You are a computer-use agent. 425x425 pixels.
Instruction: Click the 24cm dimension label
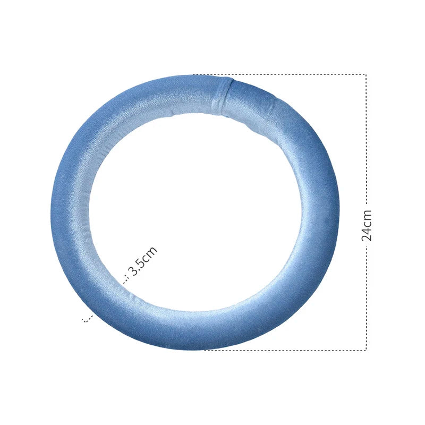pos(367,225)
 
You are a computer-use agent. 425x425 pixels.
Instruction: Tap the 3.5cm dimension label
pos(142,261)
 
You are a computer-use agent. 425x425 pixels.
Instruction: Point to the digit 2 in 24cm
pos(367,237)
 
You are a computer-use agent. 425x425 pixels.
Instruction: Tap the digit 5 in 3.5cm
pos(141,263)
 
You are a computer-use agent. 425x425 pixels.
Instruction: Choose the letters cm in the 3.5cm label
pos(150,253)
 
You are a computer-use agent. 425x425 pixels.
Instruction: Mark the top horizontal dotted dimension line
pos(279,74)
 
